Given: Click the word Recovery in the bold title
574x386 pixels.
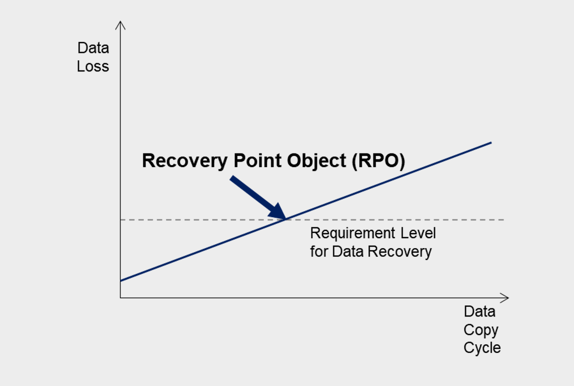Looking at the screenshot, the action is pos(185,161).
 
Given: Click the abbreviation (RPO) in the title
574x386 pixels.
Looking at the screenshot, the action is pos(379,161).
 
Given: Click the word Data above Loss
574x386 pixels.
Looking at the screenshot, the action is pos(93,48).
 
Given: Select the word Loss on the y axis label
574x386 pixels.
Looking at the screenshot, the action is pos(93,67).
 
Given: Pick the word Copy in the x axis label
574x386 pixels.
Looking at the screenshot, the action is pos(481,331).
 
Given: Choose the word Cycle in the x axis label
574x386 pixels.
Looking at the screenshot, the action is pos(482,348).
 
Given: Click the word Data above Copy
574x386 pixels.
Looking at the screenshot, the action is pos(480,312).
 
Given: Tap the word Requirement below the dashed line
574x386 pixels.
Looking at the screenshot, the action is pos(353,233).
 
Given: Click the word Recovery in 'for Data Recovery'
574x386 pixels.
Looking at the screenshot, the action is pos(400,252).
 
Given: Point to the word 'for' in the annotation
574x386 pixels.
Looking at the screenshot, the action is pos(319,252).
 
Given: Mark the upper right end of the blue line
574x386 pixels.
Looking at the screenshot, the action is pos(491,143).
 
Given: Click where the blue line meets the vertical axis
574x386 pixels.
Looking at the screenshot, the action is pos(121,281).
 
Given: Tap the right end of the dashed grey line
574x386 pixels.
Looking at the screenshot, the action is pos(504,219).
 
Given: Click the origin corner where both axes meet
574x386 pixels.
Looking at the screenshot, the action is pos(121,298).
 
